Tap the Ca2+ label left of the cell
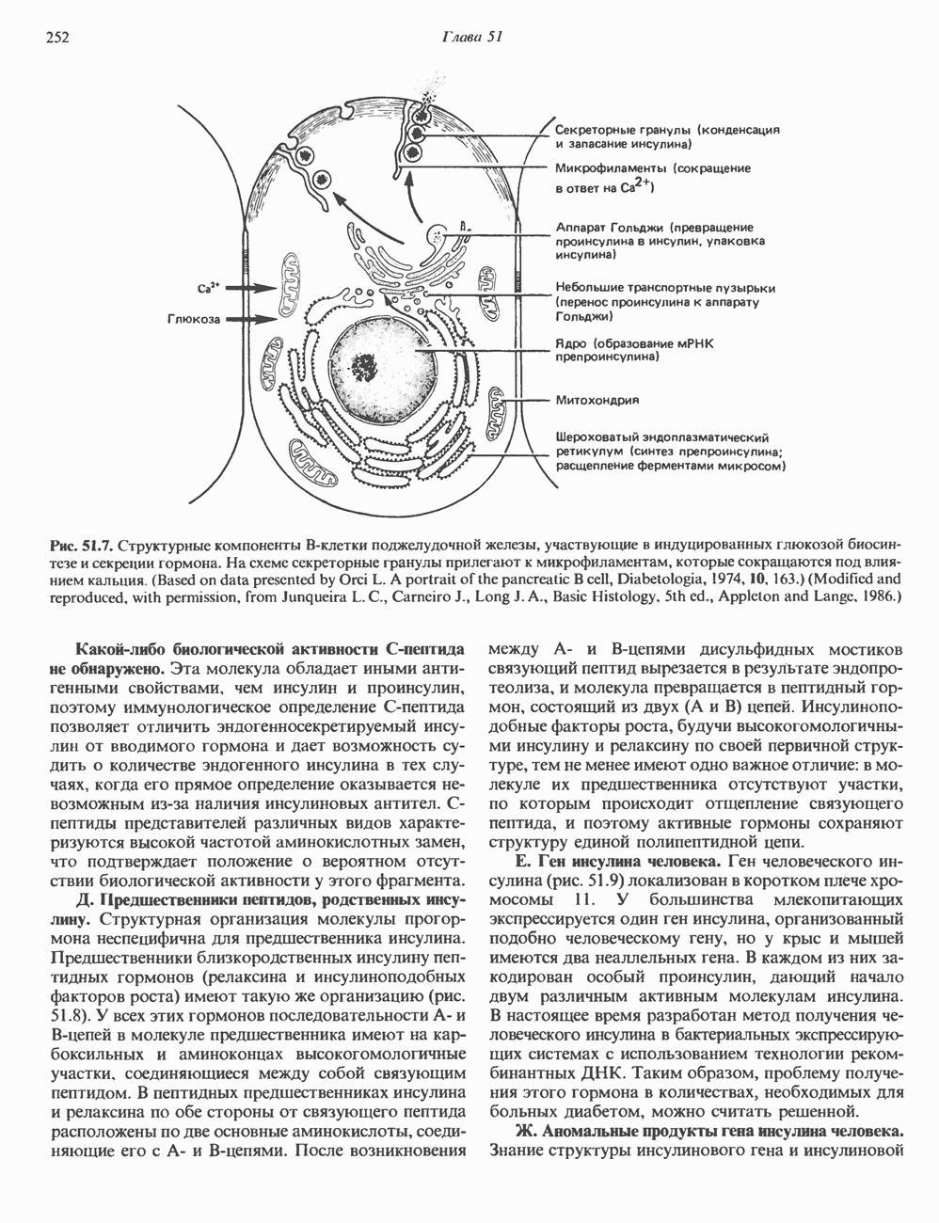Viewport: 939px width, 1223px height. [x=209, y=286]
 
